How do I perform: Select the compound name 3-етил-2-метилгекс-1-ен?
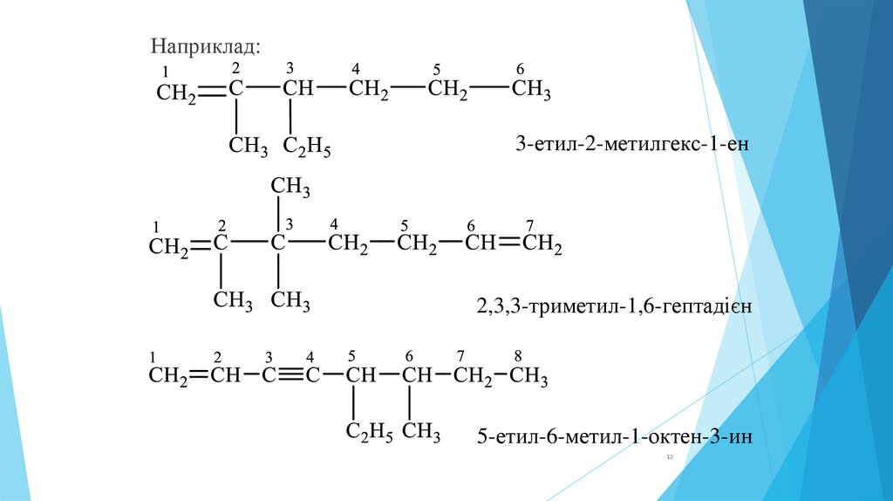(x=632, y=141)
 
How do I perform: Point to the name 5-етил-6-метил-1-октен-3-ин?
(x=614, y=435)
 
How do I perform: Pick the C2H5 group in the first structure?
(x=307, y=148)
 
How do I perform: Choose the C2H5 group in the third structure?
(x=371, y=431)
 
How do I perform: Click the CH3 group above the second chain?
(x=290, y=186)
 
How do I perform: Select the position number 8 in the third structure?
(x=518, y=356)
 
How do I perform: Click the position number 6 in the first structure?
(x=521, y=70)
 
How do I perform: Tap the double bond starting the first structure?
(x=213, y=90)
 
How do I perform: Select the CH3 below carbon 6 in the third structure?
(x=422, y=431)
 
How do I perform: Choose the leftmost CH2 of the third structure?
(x=168, y=377)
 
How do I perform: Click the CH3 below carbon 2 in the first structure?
(x=248, y=146)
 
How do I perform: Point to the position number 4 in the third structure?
(x=310, y=356)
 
